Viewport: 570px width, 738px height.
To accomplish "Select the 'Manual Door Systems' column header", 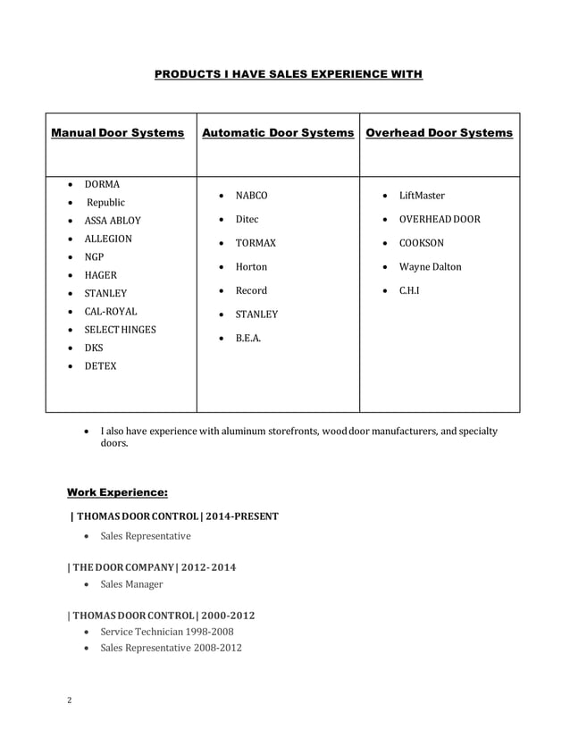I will pyautogui.click(x=118, y=133).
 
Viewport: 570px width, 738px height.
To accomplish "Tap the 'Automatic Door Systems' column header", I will pyautogui.click(x=278, y=133).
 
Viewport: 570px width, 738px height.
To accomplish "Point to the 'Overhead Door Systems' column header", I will pyautogui.click(x=440, y=133).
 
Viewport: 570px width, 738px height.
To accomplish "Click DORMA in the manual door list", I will pyautogui.click(x=102, y=184).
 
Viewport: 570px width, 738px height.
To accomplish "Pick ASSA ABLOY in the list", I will pyautogui.click(x=112, y=221).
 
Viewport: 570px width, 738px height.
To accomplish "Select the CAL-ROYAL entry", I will pyautogui.click(x=111, y=312).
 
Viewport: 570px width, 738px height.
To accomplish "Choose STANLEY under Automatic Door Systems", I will pyautogui.click(x=256, y=314).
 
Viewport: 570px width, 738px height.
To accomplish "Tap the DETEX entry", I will pyautogui.click(x=100, y=366).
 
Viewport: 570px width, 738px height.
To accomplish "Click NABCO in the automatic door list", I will pyautogui.click(x=251, y=196).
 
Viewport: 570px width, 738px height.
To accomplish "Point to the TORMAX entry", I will pyautogui.click(x=256, y=243).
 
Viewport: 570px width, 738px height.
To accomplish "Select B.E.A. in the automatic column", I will pyautogui.click(x=248, y=339).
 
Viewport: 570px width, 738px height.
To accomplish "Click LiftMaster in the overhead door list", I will pyautogui.click(x=422, y=196).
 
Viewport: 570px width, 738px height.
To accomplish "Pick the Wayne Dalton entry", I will pyautogui.click(x=430, y=267).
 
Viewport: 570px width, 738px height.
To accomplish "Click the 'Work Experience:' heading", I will pyautogui.click(x=117, y=491).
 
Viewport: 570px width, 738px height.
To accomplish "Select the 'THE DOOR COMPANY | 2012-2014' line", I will pyautogui.click(x=152, y=567).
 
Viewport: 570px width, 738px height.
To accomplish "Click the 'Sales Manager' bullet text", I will pyautogui.click(x=131, y=584).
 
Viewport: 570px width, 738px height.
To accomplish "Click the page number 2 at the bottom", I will pyautogui.click(x=69, y=700).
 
